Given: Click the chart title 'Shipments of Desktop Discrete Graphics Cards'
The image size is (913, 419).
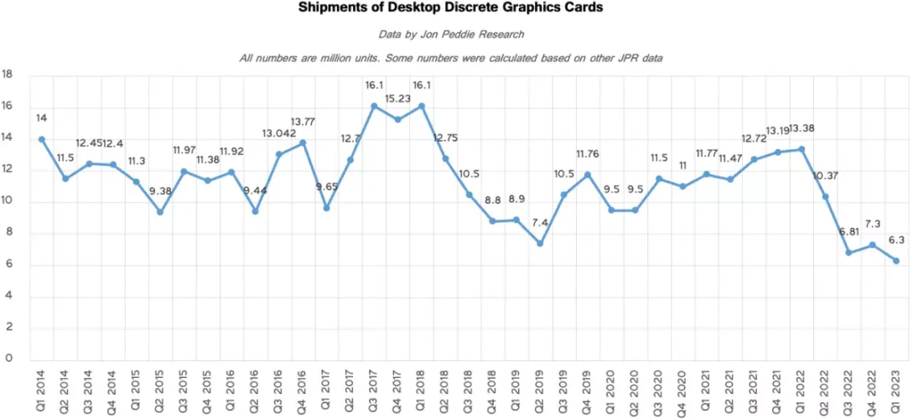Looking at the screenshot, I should click(450, 8).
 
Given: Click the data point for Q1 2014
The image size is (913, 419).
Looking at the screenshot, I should click(41, 139).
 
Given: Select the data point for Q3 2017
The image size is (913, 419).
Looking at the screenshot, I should click(374, 106).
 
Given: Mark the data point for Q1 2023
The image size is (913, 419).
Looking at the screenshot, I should click(896, 261).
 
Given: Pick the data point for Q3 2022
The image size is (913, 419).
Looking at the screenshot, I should click(848, 253).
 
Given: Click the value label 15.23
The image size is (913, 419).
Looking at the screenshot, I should click(398, 98).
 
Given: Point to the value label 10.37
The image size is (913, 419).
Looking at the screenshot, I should click(826, 175).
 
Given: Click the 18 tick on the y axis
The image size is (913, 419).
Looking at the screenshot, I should click(8, 75).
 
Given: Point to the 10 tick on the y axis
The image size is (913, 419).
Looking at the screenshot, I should click(8, 201).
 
